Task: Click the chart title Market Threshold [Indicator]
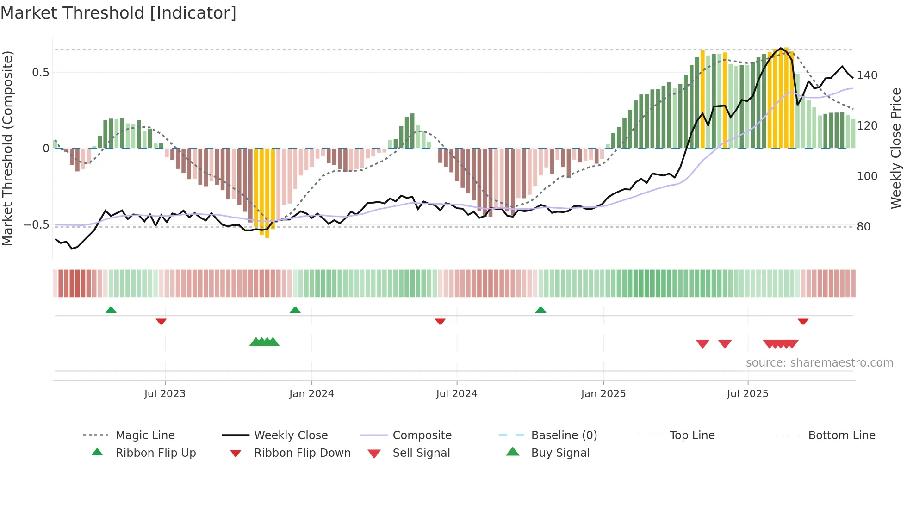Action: pos(118,13)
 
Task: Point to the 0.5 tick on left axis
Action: pos(40,72)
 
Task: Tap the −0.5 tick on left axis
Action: pos(37,225)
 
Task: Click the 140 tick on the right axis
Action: pos(867,75)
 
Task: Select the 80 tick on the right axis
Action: pos(864,226)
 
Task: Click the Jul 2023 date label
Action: pos(165,393)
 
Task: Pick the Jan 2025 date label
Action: pos(603,393)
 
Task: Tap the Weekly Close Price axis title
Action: pos(896,148)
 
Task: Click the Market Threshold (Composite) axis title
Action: pos(7,148)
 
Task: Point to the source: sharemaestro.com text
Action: pos(819,362)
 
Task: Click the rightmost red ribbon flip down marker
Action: pos(803,321)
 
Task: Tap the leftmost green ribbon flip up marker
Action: pos(111,310)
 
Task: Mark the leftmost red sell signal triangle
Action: pos(702,344)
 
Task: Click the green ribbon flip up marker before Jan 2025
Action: pos(540,310)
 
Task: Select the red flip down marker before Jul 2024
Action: pos(440,321)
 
